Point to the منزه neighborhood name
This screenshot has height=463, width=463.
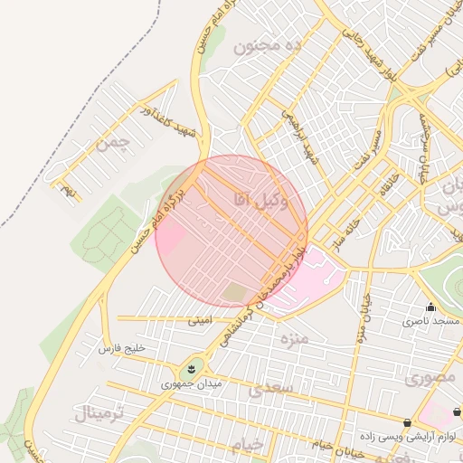pyautogui.click(x=293, y=339)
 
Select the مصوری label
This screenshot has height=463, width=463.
pyautogui.click(x=431, y=377)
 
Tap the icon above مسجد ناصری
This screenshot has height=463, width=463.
pyautogui.click(x=430, y=307)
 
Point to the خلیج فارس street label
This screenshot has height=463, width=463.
pyautogui.click(x=122, y=347)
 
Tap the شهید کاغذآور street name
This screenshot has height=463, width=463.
pyautogui.click(x=155, y=118)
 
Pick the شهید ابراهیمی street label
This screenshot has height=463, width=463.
pyautogui.click(x=301, y=135)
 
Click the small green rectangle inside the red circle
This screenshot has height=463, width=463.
pyautogui.click(x=235, y=292)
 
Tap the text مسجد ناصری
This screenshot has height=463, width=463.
pyautogui.click(x=431, y=321)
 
